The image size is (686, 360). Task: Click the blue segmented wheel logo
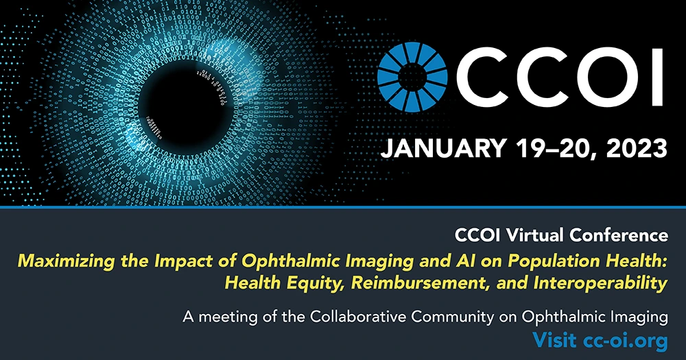[x=412, y=77]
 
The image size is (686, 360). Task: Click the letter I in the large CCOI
[x=656, y=77]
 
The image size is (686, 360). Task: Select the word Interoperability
[x=601, y=283]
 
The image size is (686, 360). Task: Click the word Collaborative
[x=358, y=316]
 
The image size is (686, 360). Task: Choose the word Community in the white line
[x=452, y=317]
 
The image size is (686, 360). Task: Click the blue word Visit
[x=554, y=340]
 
